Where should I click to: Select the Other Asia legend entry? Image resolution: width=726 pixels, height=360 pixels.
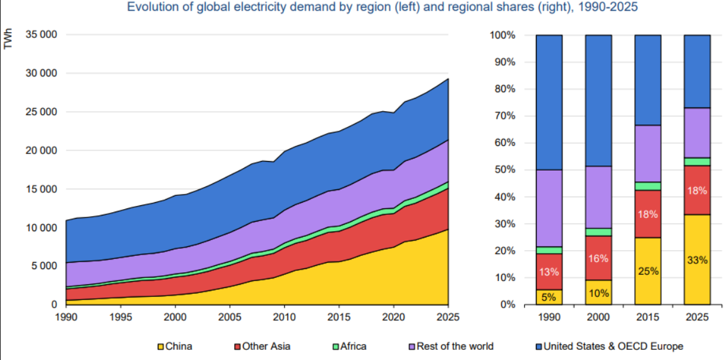tap(263, 346)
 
